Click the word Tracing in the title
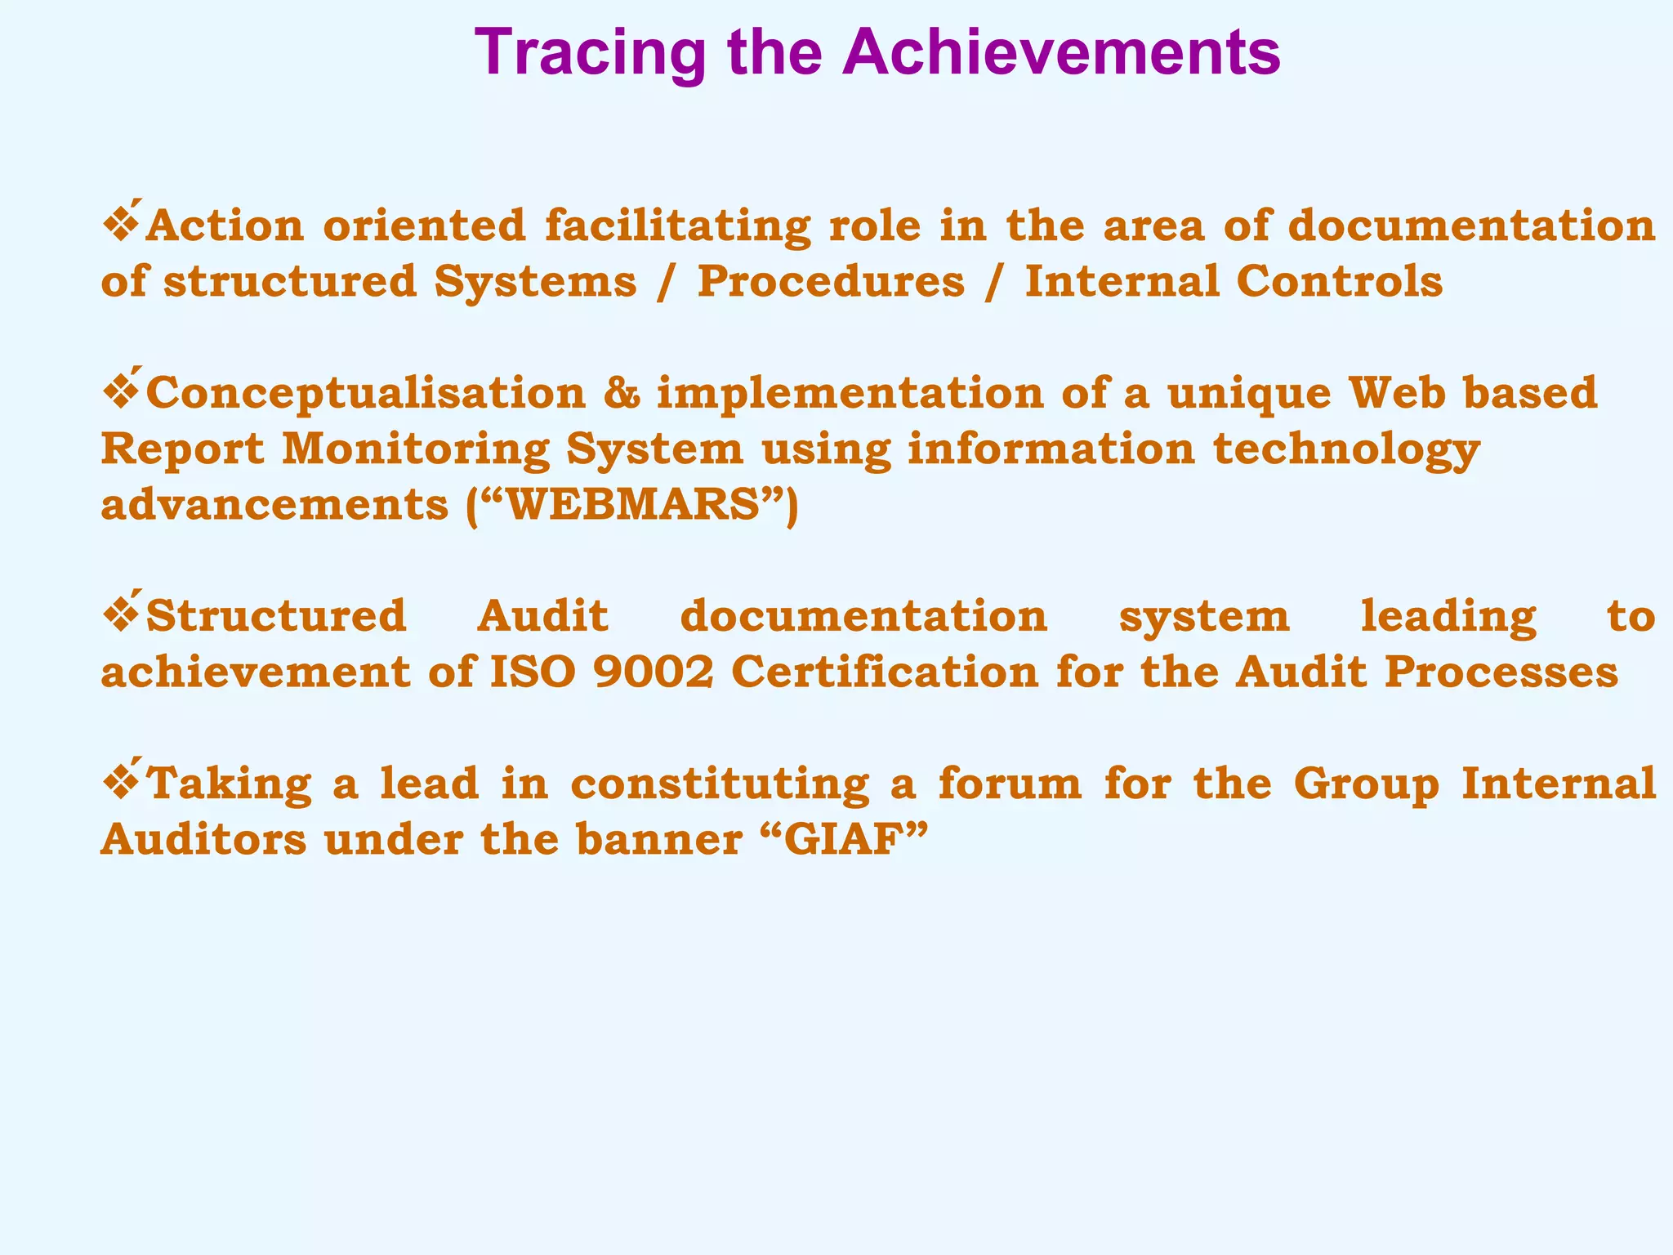[589, 52]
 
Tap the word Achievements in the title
[1061, 52]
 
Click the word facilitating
[677, 226]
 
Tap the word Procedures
[830, 282]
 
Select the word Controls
[1340, 282]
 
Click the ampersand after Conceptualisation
[622, 393]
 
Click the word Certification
[884, 672]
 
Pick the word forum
[1009, 784]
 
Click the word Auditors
[203, 840]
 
